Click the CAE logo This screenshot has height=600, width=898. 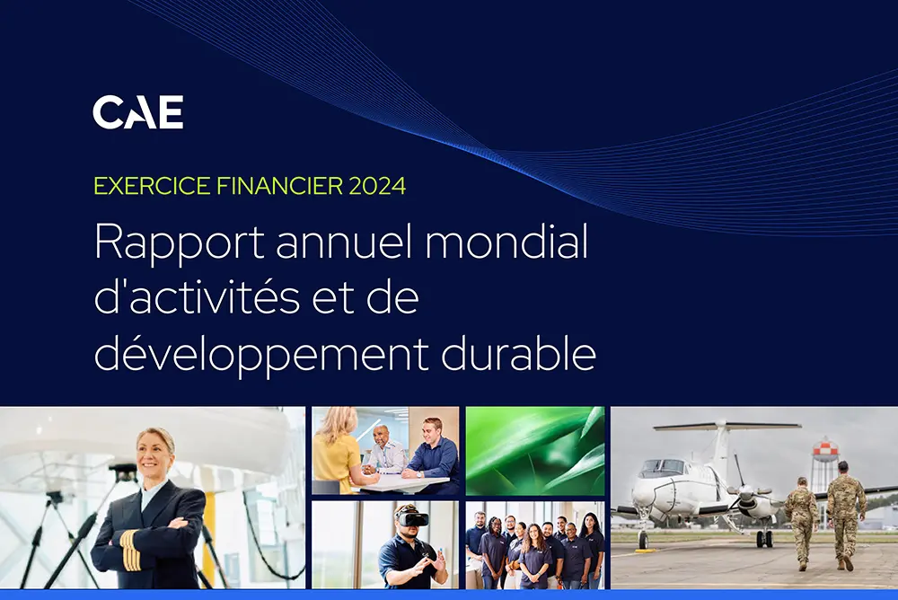click(x=138, y=111)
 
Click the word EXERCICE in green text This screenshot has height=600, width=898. click(x=152, y=186)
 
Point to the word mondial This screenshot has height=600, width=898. click(x=506, y=242)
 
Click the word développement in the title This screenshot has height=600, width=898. click(x=261, y=355)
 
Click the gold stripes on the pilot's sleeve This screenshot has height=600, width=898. click(x=131, y=550)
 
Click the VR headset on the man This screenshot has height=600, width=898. click(x=412, y=518)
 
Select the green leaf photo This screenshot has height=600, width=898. click(x=535, y=451)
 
